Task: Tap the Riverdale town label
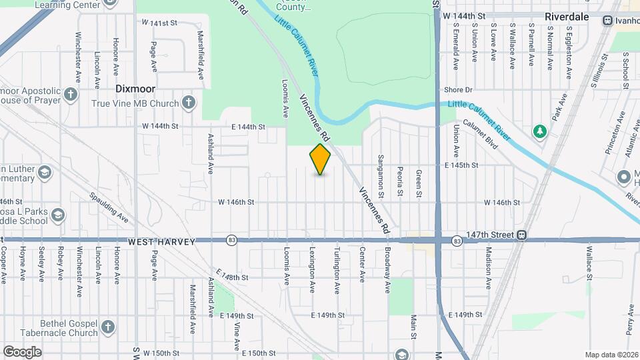(x=567, y=17)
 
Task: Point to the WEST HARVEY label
(x=162, y=241)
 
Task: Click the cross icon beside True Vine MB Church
(x=189, y=103)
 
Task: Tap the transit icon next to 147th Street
(x=523, y=235)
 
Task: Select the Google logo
(x=22, y=352)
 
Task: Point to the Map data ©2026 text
(x=611, y=354)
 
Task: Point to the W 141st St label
(x=160, y=23)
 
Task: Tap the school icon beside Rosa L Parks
(x=58, y=215)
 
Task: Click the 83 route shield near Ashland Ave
(x=231, y=240)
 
